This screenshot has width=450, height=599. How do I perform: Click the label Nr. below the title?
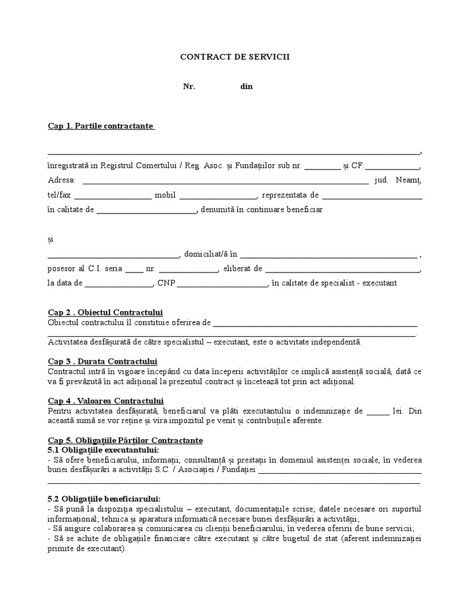(x=189, y=87)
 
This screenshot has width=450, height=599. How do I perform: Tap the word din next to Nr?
(x=246, y=87)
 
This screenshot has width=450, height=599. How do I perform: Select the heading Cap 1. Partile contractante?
(x=101, y=126)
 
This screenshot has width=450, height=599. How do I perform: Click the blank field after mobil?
(x=218, y=196)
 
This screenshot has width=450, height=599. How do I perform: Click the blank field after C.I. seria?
(x=134, y=270)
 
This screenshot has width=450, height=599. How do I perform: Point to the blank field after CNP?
(x=221, y=284)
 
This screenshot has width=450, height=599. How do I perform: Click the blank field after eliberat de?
(x=342, y=270)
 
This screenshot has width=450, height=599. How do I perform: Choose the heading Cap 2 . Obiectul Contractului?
(x=105, y=313)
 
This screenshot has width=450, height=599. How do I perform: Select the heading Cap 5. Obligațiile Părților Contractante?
(x=125, y=440)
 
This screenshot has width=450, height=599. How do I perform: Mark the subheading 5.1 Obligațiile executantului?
(x=103, y=449)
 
